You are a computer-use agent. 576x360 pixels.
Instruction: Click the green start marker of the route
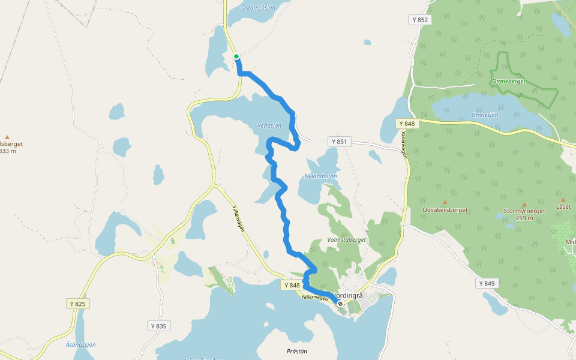(x=236, y=56)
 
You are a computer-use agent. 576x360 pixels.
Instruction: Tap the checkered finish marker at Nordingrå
(x=340, y=304)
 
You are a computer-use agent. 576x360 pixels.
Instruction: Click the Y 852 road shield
(x=420, y=20)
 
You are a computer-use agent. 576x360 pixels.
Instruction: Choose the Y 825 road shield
(x=78, y=304)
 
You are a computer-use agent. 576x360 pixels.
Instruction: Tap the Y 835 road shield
(x=158, y=326)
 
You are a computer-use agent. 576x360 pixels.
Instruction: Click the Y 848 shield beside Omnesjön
(x=406, y=124)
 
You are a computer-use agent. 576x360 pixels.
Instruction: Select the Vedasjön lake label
(x=269, y=125)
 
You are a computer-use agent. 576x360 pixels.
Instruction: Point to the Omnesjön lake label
(x=485, y=115)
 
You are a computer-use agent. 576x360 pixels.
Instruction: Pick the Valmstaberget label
(x=346, y=239)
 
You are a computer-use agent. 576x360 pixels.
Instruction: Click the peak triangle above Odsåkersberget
(x=445, y=202)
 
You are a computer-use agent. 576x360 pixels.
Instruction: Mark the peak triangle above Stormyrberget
(x=524, y=204)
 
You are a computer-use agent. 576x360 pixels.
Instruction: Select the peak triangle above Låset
(x=563, y=199)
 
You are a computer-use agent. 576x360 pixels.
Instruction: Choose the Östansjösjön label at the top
(x=258, y=8)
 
